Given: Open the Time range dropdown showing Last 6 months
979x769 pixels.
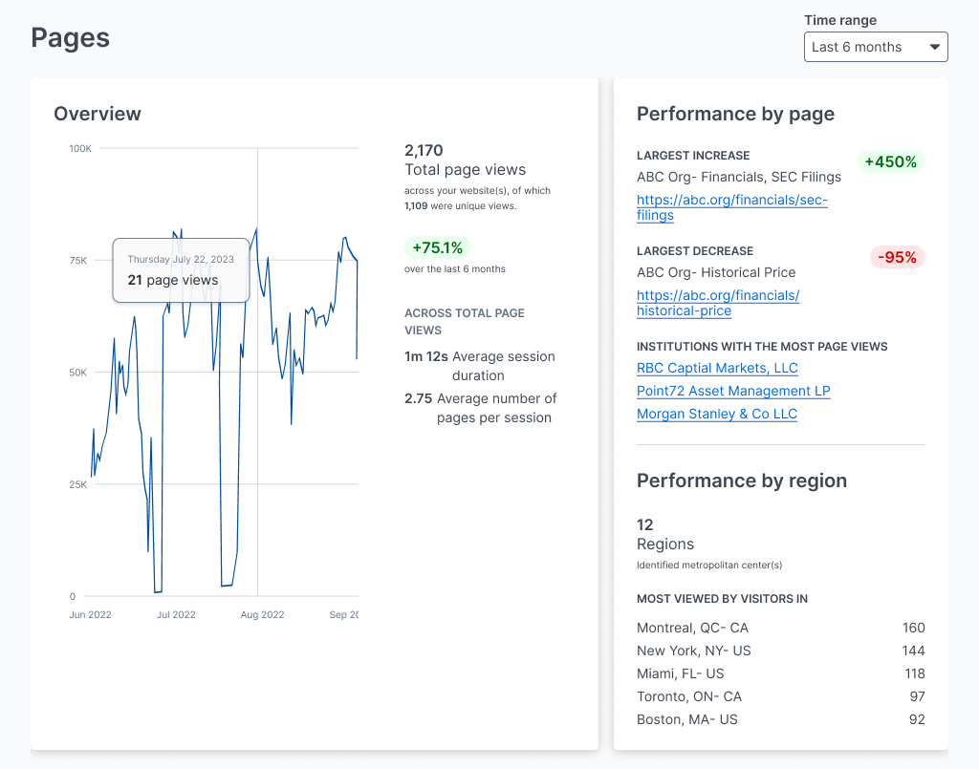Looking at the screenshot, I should [x=875, y=47].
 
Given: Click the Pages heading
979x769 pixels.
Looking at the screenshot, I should [x=70, y=37].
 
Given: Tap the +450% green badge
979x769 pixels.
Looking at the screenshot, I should [x=890, y=161].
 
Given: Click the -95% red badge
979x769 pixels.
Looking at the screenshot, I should [x=897, y=257].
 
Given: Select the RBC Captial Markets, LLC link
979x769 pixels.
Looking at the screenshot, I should [x=717, y=368].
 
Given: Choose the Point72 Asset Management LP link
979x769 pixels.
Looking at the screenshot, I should [x=733, y=391].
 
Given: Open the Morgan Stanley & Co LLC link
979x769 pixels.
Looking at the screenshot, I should [x=716, y=414].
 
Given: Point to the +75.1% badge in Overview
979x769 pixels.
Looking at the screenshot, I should [x=437, y=247].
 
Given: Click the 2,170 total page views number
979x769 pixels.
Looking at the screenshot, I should [x=424, y=150].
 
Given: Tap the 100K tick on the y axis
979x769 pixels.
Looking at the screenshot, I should [x=80, y=148].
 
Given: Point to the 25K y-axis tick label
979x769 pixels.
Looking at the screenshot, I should [x=77, y=484].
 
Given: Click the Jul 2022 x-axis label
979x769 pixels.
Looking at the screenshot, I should [x=175, y=614].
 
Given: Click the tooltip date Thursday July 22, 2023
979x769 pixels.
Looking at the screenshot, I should [x=181, y=259].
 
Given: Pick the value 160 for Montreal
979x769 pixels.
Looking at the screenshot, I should [x=913, y=628].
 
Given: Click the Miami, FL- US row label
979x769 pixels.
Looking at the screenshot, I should [x=681, y=673].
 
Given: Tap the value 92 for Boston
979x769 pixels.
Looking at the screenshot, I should [x=916, y=719].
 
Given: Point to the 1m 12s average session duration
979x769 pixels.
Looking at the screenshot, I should [x=425, y=356].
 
